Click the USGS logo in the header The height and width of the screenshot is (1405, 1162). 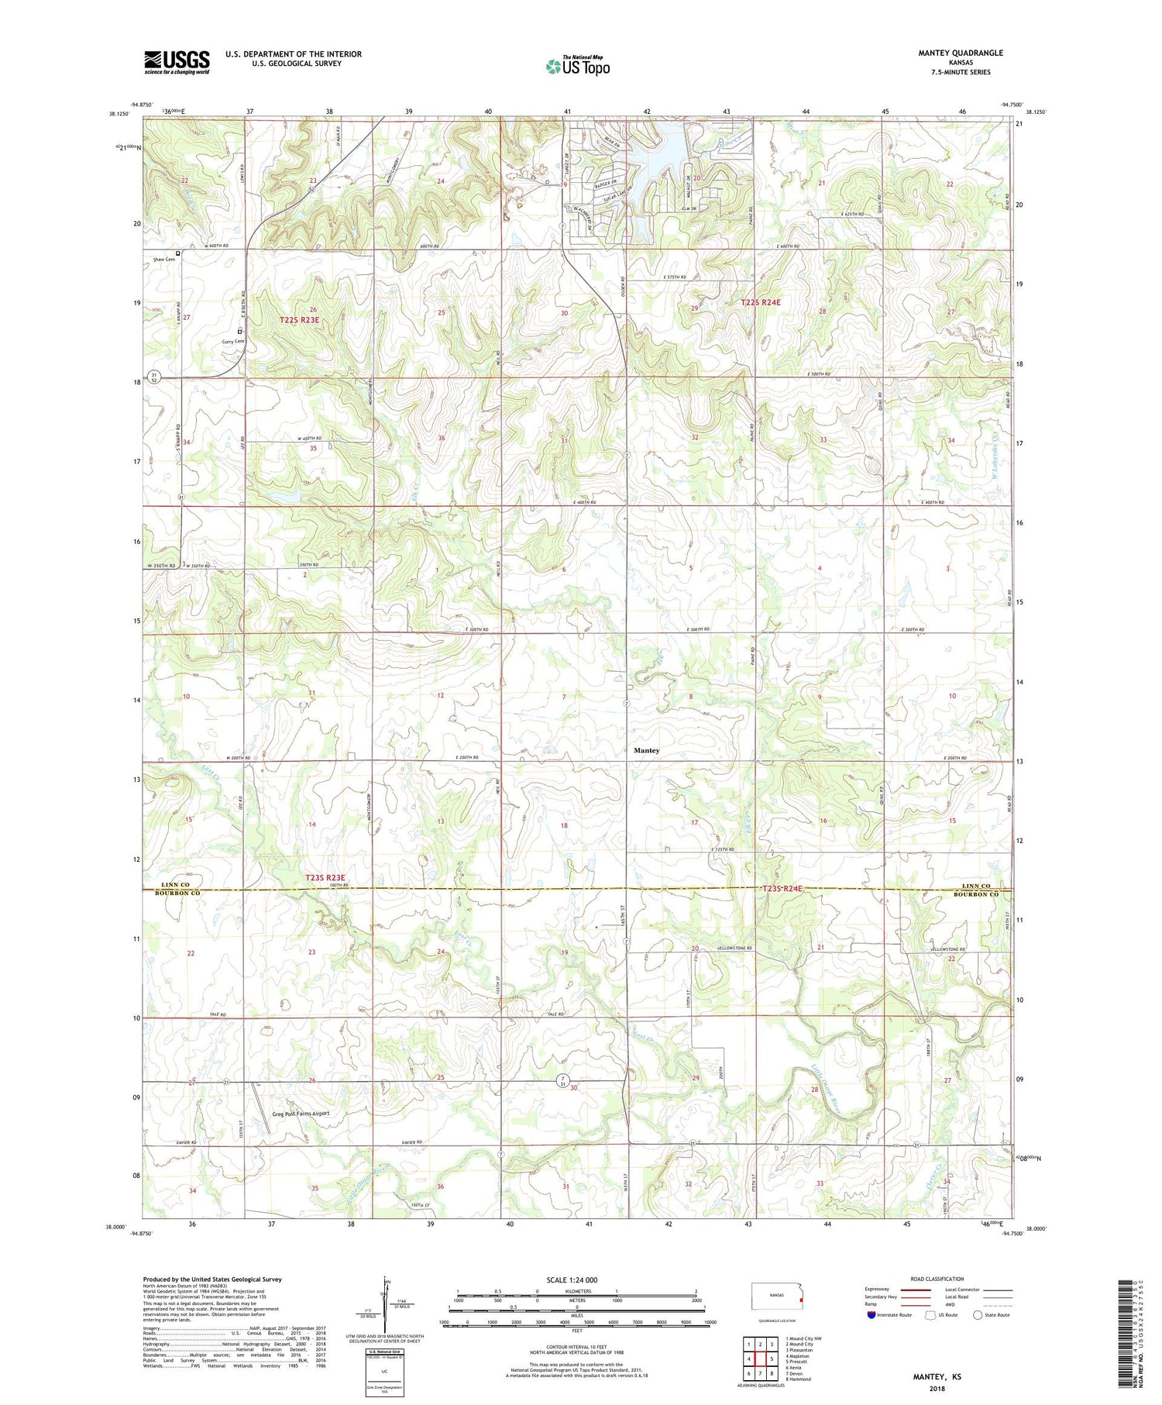coord(177,62)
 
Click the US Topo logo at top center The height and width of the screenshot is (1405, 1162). coord(577,67)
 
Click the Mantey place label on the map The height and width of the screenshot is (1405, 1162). coord(647,750)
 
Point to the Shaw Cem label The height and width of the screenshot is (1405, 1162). coord(164,260)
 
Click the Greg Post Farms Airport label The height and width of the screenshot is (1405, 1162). coord(301,1113)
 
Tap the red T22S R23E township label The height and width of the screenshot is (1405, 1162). coord(299,319)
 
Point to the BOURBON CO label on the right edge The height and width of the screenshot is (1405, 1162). coord(978,894)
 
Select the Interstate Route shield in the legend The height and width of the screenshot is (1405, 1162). coord(871,1315)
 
